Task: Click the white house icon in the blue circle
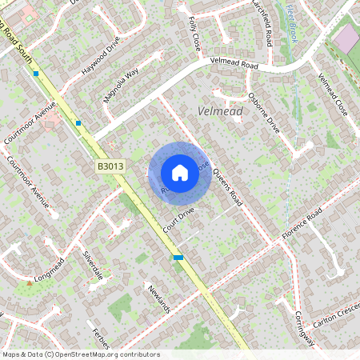[180, 172]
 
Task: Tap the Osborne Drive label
[264, 113]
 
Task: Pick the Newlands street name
[159, 298]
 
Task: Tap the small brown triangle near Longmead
[30, 282]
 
